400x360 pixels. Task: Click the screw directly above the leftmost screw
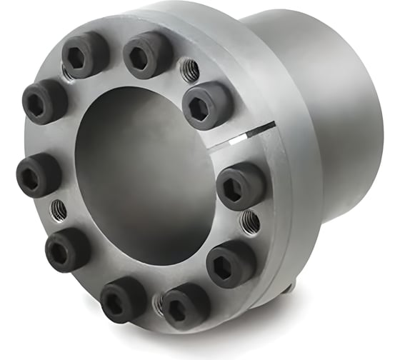coord(44,101)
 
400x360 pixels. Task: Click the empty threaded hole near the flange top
coord(190,69)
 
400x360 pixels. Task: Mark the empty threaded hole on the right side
coord(249,221)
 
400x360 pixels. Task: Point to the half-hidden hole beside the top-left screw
coord(66,73)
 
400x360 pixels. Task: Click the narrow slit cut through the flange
coord(243,135)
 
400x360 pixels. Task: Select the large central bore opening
coord(143,179)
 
